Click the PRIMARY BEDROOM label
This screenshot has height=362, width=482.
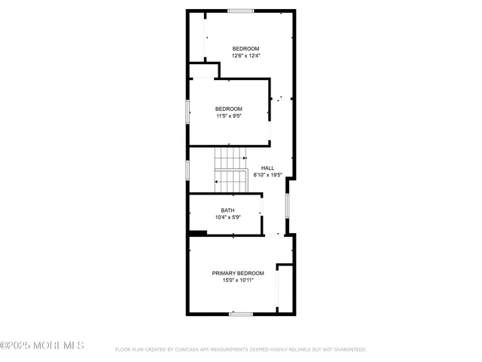(x=238, y=273)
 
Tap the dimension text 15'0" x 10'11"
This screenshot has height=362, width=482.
(x=238, y=281)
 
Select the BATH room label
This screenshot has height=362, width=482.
(x=227, y=210)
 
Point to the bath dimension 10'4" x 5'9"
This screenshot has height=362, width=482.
(x=227, y=218)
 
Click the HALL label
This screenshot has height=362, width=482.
(x=267, y=168)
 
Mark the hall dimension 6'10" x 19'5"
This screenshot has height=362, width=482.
(x=267, y=175)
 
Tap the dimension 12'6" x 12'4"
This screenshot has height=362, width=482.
(x=246, y=56)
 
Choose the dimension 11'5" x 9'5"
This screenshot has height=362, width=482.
(x=228, y=116)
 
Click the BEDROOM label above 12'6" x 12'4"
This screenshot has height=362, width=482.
(x=246, y=49)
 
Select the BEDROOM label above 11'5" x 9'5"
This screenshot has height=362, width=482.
(x=228, y=109)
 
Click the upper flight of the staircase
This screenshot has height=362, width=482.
(x=230, y=158)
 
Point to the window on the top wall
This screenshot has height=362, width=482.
(x=241, y=11)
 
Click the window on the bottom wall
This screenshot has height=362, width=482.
(x=241, y=314)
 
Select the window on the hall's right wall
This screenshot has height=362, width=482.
(x=287, y=205)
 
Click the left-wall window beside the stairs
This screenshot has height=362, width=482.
(x=188, y=169)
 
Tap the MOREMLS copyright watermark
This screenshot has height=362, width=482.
(x=42, y=346)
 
